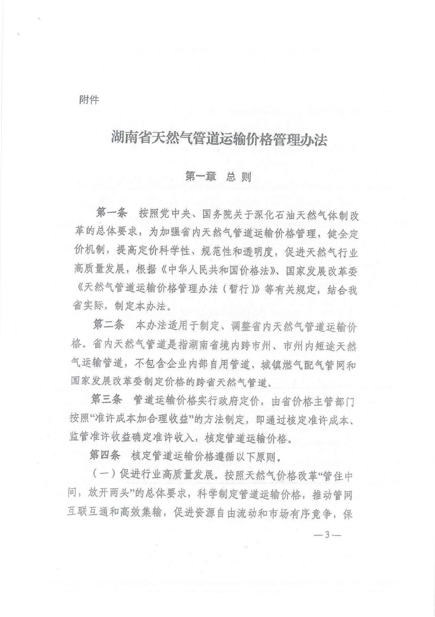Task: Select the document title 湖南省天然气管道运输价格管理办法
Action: (x=218, y=139)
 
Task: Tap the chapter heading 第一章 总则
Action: (x=218, y=177)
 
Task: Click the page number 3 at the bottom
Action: (x=326, y=534)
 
